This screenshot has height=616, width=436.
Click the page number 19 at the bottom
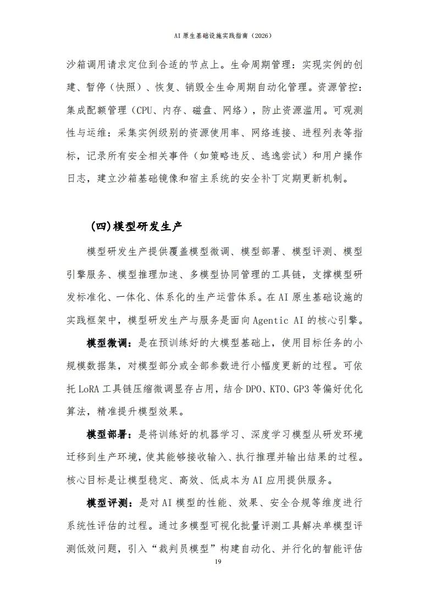click(218, 562)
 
